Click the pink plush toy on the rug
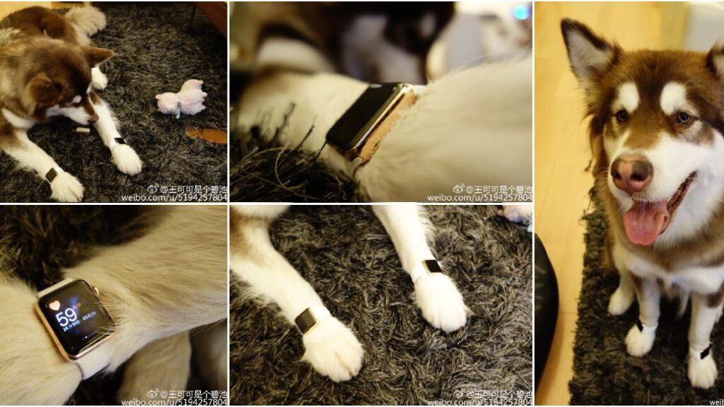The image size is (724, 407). click(182, 99)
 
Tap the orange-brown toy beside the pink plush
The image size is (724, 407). click(206, 135)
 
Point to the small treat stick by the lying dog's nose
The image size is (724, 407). click(83, 130)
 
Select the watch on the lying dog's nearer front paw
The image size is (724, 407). click(52, 175)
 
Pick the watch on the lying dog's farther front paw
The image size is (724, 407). click(119, 141)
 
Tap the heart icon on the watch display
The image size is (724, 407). click(54, 306)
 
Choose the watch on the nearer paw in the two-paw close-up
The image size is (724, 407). click(305, 321)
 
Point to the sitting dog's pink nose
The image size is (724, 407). click(631, 173)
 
